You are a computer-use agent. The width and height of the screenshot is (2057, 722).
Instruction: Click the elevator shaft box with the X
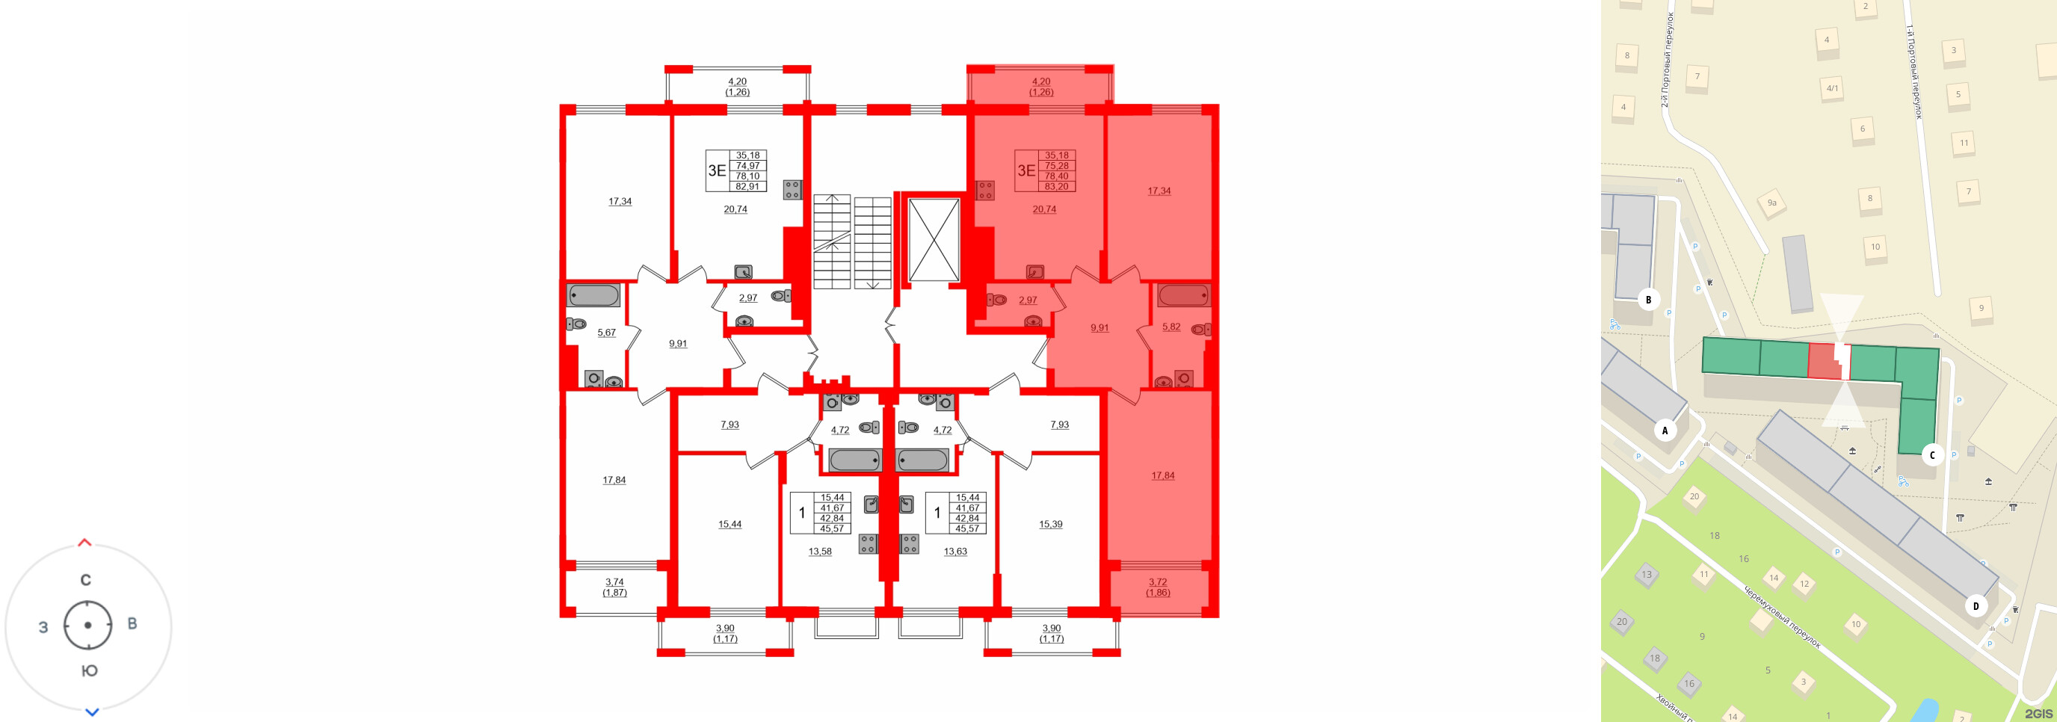934,240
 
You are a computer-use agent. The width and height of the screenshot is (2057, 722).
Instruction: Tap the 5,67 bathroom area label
606,333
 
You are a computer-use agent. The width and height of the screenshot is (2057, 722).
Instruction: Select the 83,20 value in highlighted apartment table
1055,186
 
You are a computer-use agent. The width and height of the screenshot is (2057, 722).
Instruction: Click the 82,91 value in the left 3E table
747,186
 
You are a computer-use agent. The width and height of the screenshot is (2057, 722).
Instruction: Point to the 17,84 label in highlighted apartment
1162,475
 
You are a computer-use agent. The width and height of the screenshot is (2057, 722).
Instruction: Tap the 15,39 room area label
1050,524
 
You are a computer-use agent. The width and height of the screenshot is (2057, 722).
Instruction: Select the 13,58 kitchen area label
819,551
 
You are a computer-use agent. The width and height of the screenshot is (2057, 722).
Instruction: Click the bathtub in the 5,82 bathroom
1182,295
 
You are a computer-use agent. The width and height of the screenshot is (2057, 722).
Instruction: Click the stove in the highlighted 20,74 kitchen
984,190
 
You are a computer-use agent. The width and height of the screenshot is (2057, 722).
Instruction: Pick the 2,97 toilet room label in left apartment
747,298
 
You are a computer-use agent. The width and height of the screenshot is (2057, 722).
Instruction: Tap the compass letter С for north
85,580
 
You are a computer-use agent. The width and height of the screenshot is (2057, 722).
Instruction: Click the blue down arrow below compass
92,712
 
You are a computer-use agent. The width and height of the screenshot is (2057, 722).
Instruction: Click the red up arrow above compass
84,543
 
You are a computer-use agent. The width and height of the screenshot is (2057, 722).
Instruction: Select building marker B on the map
1648,300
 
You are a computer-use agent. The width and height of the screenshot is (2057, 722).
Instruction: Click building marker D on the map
1976,605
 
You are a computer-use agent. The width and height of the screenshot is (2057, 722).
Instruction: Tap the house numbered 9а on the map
1771,203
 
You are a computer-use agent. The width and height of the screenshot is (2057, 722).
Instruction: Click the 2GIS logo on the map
2037,713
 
